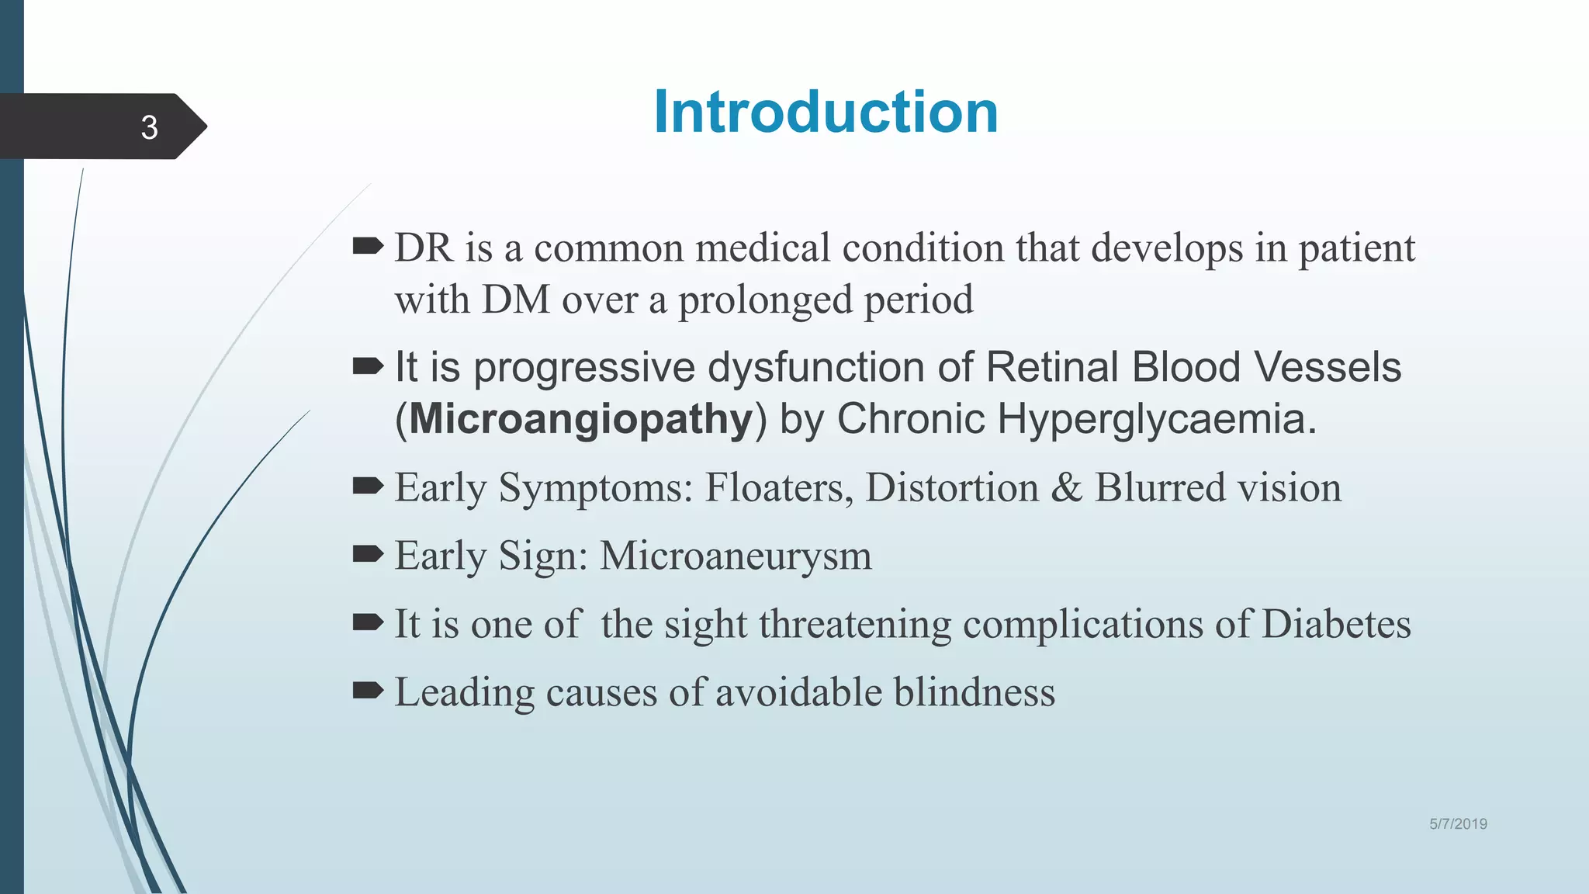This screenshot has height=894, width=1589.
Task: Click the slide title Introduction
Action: (826, 113)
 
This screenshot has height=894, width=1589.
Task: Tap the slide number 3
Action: (149, 127)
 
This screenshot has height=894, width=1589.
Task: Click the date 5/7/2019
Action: (1458, 824)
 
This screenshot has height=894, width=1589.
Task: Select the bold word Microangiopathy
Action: (581, 420)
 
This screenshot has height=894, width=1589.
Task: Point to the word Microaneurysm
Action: (736, 556)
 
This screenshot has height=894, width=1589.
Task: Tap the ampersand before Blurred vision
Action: (1067, 488)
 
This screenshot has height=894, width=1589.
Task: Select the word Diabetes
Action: (1336, 625)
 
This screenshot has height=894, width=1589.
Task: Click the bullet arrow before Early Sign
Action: (368, 554)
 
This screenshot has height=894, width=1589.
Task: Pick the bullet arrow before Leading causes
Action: (368, 690)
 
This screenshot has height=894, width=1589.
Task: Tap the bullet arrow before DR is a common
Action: (368, 247)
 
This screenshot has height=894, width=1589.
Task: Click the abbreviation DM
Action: (516, 300)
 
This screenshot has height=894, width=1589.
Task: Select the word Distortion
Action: (951, 488)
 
